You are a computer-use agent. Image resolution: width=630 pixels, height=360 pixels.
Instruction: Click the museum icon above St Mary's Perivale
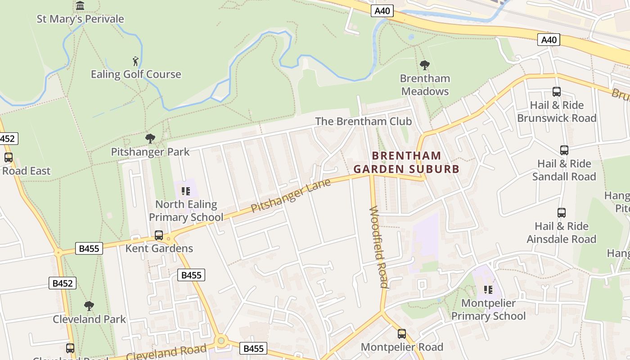click(80, 6)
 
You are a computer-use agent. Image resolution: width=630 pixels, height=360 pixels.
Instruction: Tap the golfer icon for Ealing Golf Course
click(135, 61)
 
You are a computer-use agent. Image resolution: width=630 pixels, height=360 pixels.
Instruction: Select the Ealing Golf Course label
click(136, 74)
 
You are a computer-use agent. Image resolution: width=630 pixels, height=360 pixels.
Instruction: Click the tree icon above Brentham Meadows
click(424, 65)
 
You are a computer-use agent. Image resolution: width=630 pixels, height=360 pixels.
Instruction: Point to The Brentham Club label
click(363, 121)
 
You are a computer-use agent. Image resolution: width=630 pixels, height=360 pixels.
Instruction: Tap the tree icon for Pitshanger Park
click(150, 139)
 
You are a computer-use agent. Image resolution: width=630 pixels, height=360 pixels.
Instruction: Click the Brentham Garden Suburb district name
click(406, 162)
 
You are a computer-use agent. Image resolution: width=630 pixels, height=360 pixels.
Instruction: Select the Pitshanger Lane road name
click(291, 196)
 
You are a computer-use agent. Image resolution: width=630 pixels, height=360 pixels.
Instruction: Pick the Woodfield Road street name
click(378, 247)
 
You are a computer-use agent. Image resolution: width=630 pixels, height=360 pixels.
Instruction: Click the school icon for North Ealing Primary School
click(186, 191)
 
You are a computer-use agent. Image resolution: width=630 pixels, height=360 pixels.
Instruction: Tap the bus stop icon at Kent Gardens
click(159, 235)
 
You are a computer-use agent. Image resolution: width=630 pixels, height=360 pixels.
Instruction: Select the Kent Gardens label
click(159, 248)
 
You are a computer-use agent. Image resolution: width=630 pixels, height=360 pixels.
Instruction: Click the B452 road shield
click(62, 283)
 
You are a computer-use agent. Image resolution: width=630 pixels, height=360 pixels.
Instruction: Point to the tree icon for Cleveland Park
click(89, 306)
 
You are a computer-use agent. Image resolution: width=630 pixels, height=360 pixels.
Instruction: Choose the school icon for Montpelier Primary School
click(488, 290)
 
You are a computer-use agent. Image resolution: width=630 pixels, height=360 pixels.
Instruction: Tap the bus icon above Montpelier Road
click(402, 334)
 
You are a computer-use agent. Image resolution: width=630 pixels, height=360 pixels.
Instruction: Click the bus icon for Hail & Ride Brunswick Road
click(556, 92)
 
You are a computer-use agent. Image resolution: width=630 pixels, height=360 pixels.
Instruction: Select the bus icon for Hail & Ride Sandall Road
click(564, 150)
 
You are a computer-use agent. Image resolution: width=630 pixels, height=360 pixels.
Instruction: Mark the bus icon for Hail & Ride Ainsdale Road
click(561, 213)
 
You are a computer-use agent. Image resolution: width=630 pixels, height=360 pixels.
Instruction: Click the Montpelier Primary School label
click(488, 310)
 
